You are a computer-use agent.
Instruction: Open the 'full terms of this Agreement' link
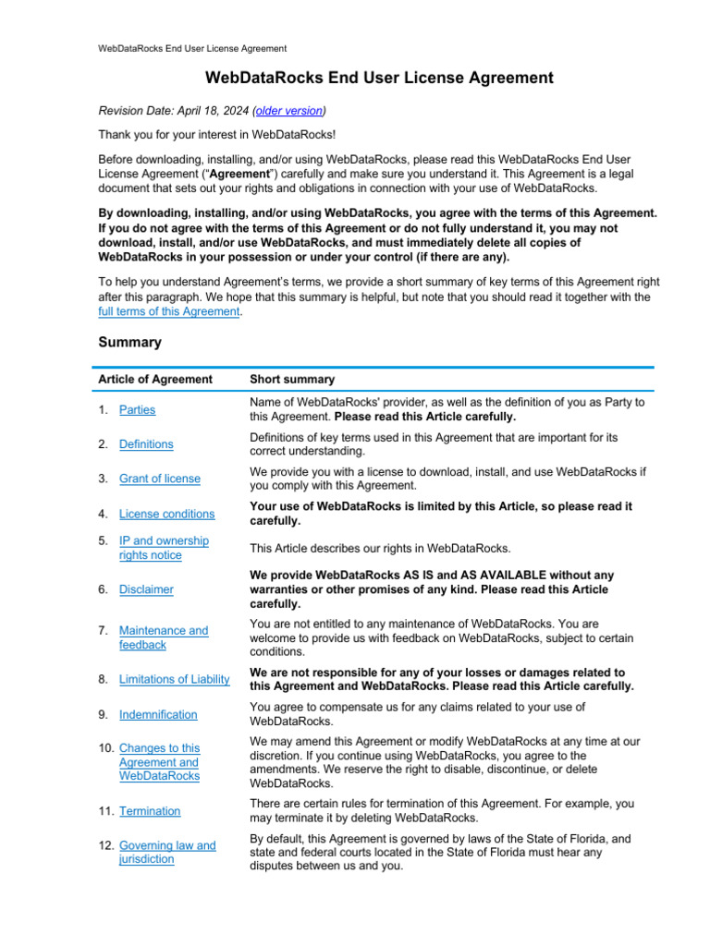169,312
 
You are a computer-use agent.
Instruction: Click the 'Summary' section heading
129,342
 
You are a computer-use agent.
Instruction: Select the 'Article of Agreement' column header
155,380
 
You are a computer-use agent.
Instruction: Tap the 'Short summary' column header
292,380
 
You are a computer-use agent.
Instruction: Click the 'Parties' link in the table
138,410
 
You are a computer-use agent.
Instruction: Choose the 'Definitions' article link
146,444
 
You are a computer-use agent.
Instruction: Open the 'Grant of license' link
159,479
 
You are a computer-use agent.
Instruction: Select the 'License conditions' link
166,514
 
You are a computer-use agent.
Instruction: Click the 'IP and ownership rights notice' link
164,548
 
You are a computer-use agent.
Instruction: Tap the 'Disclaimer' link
146,589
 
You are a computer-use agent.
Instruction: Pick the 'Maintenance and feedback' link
164,637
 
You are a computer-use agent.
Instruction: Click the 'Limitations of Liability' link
174,679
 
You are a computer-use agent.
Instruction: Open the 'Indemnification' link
158,714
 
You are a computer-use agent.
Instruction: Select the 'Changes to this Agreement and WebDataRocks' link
159,762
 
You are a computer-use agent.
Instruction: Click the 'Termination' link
150,811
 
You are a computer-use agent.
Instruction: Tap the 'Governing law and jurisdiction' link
166,852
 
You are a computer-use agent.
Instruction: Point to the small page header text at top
192,48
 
